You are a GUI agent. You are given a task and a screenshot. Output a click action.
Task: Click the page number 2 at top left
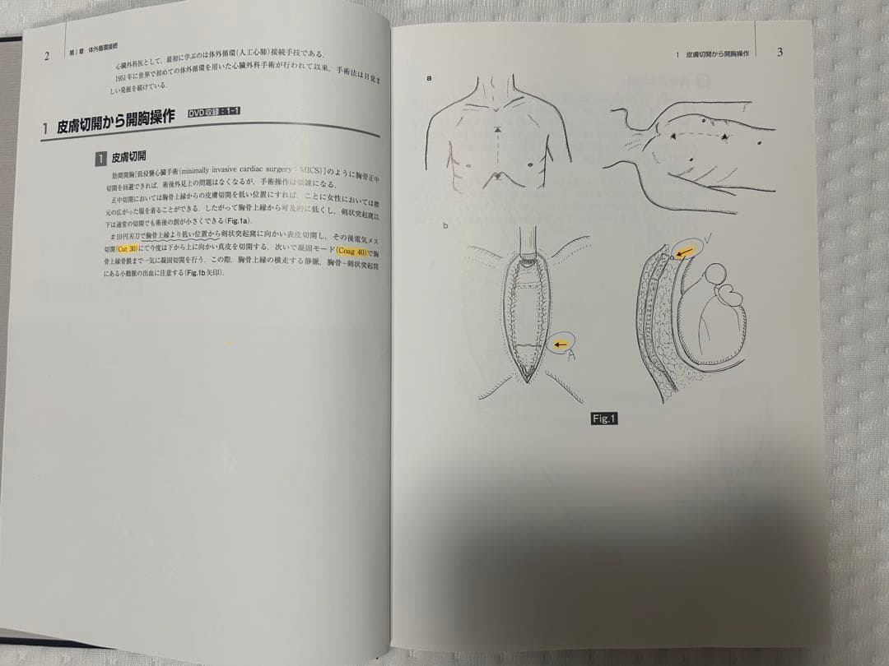point(47,57)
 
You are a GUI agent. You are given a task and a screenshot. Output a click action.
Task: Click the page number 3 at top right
point(780,52)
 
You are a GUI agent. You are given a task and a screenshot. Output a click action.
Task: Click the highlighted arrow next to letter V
point(682,251)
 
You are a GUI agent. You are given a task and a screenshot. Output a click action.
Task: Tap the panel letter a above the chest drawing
point(430,79)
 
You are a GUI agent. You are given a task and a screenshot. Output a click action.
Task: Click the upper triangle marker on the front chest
point(496,132)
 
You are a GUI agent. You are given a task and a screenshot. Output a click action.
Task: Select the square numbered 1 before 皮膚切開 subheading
point(100,157)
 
